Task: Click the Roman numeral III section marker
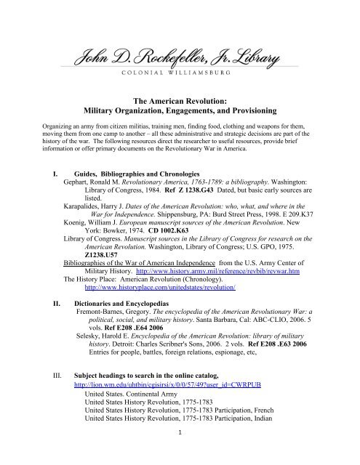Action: (x=38, y=390)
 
